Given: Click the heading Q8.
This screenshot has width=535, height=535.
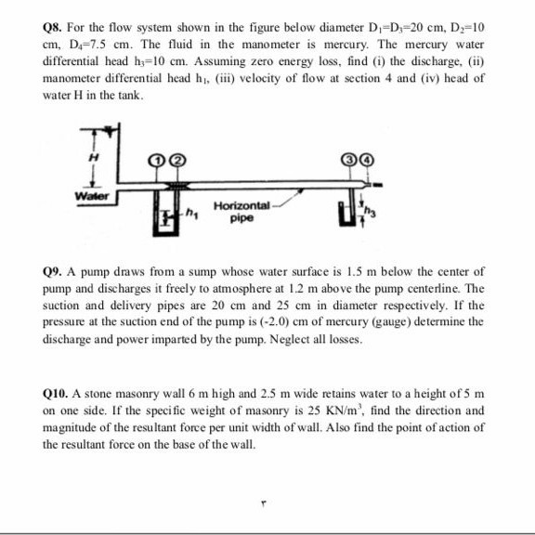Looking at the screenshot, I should pos(56,28).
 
